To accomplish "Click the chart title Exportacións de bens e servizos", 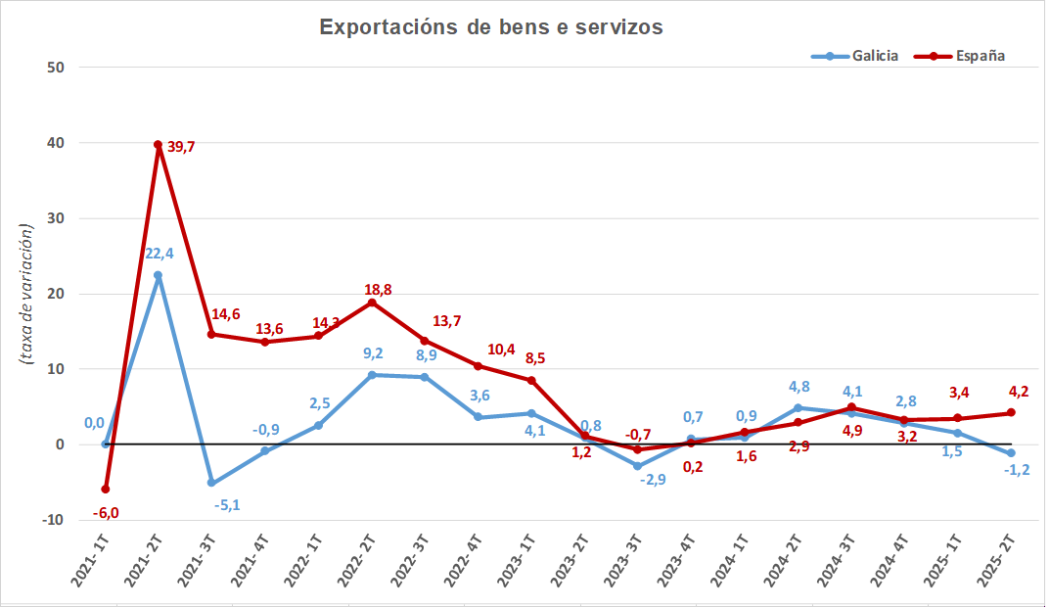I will pyautogui.click(x=491, y=27).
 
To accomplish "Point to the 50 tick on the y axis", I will pyautogui.click(x=54, y=68).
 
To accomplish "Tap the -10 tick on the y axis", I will pyautogui.click(x=51, y=520).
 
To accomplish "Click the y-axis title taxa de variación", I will pyautogui.click(x=26, y=294).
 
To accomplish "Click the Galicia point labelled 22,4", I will pyautogui.click(x=158, y=275).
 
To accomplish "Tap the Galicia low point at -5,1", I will pyautogui.click(x=210, y=483).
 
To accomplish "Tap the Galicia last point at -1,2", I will pyautogui.click(x=1010, y=453).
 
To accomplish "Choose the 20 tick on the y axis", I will pyautogui.click(x=54, y=294).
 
